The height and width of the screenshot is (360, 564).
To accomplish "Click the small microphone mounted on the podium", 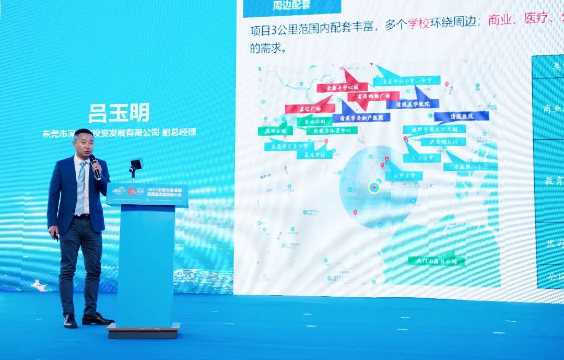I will click(135, 165).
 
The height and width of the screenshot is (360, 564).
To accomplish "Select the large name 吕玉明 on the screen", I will click(119, 113).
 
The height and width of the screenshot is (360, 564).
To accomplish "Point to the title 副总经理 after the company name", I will click(179, 132).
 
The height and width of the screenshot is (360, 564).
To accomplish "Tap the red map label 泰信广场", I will click(310, 109).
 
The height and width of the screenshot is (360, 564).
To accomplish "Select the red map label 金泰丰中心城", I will click(342, 87).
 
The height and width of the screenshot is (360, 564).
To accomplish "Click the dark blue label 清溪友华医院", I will click(413, 104).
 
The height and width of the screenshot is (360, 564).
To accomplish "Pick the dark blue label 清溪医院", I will click(462, 116).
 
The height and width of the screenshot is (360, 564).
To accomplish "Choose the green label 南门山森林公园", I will click(437, 261).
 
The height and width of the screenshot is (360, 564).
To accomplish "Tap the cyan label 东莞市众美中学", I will click(289, 146).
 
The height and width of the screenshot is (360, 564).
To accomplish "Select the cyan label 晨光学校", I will click(314, 155).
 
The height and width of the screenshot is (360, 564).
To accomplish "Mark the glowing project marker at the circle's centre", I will click(374, 187).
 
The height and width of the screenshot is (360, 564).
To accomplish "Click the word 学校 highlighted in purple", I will click(419, 25).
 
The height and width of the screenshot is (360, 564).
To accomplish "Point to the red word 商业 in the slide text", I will click(500, 20).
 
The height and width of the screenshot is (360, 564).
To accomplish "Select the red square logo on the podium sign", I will click(132, 192).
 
